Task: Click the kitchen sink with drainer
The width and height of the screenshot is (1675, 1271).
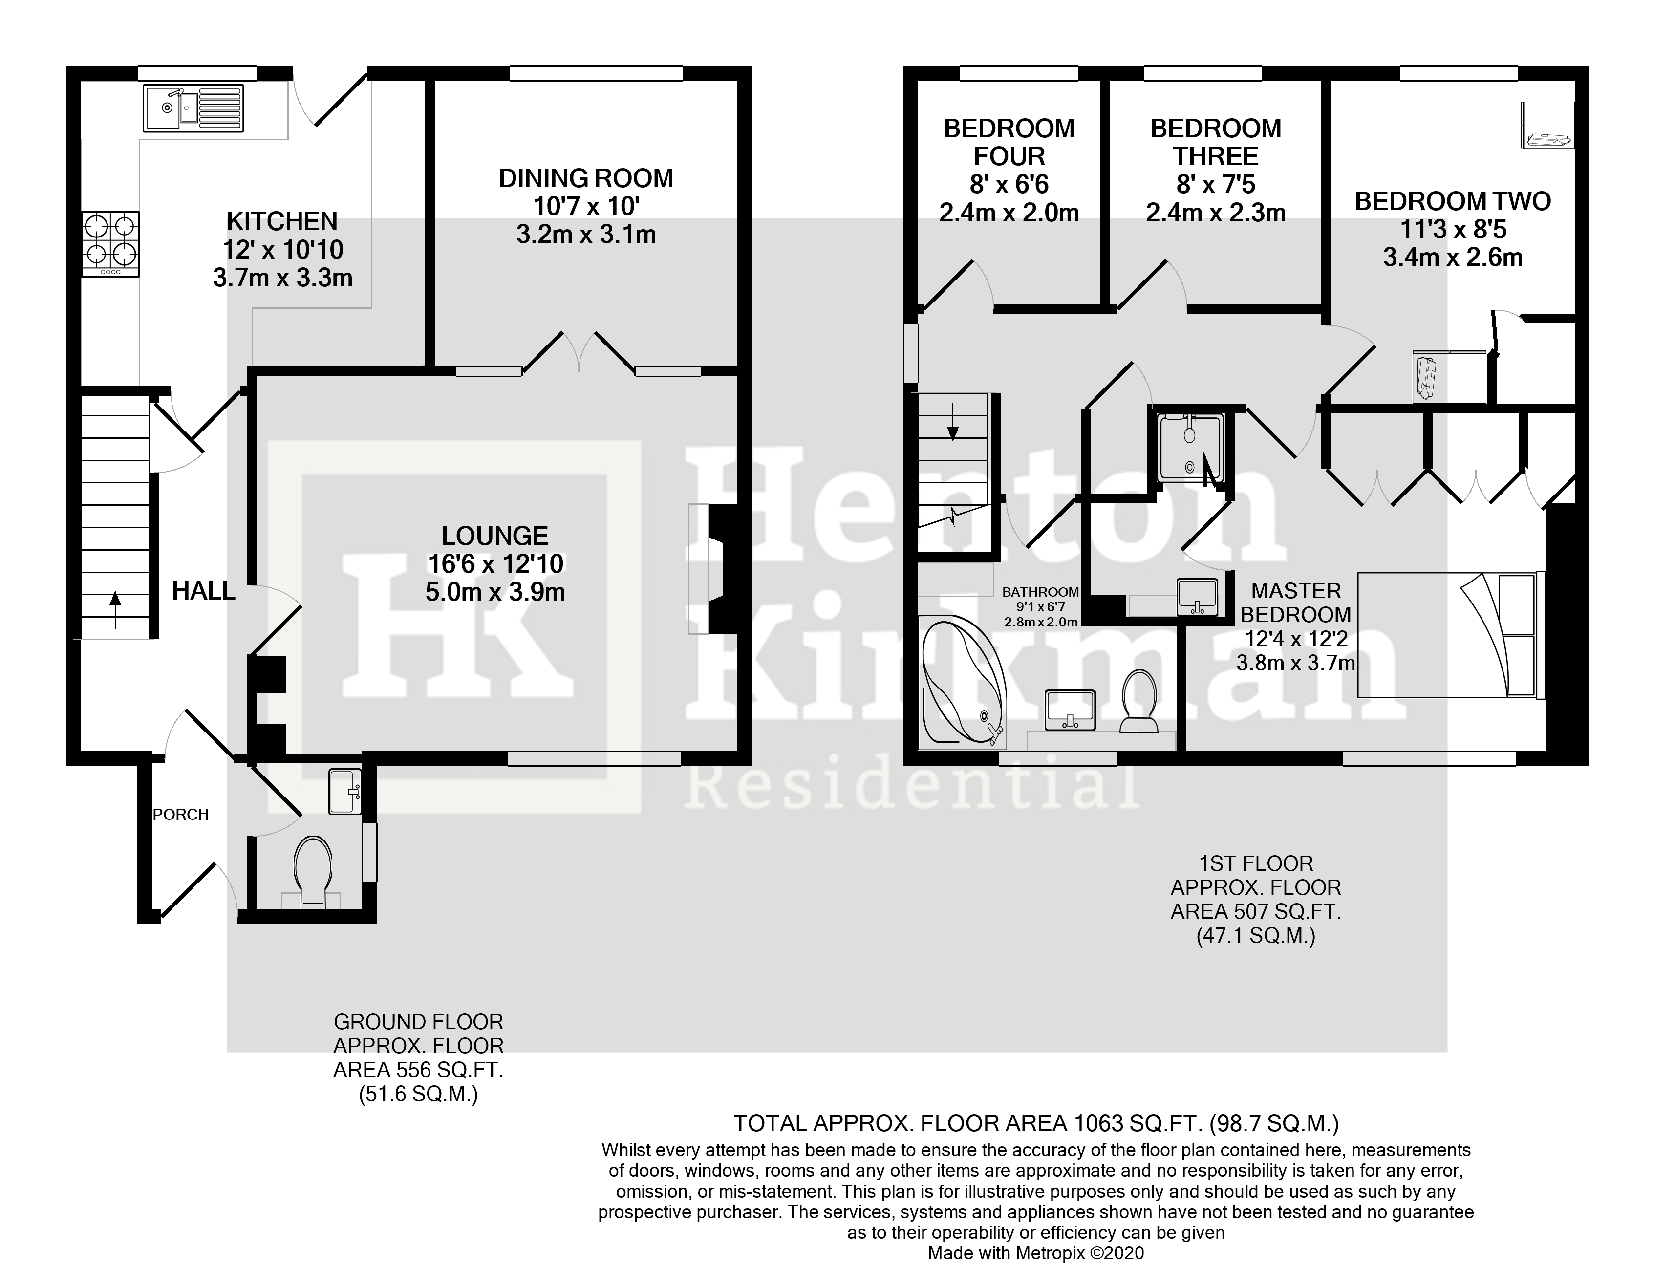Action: click(x=193, y=109)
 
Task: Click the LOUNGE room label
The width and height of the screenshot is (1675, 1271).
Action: click(x=494, y=536)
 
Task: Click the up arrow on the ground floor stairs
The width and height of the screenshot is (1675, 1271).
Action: click(x=115, y=610)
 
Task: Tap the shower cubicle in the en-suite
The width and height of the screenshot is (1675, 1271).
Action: click(x=1190, y=448)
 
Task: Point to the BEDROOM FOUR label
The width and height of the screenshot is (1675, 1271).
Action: click(x=1009, y=142)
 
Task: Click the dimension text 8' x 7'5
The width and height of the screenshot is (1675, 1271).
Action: click(x=1215, y=185)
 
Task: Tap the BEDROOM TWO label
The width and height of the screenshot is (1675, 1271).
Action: click(x=1452, y=201)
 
